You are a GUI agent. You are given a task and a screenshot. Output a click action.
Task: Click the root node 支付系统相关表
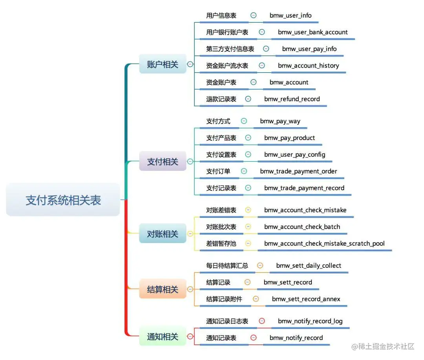coord(63,200)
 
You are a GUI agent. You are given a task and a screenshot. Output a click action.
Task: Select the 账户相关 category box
coord(163,64)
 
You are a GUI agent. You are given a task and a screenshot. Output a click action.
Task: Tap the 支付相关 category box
coord(163,161)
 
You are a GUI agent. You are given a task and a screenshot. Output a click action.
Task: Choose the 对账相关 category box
coord(163,234)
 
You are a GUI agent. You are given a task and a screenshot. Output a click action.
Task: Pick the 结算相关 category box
coord(163,289)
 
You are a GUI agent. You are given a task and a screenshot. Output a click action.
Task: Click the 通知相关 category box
coord(163,336)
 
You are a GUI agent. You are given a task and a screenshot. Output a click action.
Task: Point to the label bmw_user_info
coord(291,15)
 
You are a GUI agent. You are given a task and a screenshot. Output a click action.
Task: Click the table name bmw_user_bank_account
coord(313,32)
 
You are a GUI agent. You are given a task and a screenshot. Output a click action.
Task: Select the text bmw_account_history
coord(309,66)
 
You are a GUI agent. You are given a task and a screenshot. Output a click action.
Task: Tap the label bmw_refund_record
coord(292,99)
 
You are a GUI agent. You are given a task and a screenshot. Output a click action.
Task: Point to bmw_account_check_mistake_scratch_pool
coord(324,243)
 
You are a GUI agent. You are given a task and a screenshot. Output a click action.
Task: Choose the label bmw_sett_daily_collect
coord(309,265)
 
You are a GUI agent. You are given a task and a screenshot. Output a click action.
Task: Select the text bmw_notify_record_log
coord(310,321)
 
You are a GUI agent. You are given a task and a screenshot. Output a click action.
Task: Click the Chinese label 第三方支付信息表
coord(230,49)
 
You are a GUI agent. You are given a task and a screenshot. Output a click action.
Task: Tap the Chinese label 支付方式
coord(218,121)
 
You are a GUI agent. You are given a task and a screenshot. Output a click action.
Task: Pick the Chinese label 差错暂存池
coord(221,243)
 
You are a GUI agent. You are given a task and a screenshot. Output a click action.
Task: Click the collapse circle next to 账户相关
coord(190,64)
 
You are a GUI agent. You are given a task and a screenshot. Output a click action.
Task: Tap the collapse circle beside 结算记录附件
coord(256,299)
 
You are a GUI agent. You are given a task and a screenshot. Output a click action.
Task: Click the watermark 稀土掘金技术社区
coord(384,346)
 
